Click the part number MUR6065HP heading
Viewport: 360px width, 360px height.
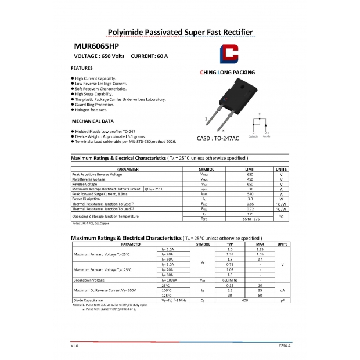[96, 46]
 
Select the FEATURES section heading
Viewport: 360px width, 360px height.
[82, 68]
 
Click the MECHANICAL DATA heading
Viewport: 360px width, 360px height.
[92, 121]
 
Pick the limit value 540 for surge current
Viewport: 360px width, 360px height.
[250, 194]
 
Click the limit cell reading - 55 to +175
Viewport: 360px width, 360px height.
[250, 219]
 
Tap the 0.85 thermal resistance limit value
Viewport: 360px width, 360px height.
[250, 204]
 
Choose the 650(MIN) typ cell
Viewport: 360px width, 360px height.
[231, 279]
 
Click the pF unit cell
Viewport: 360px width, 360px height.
[282, 300]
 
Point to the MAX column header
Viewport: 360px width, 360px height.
[260, 244]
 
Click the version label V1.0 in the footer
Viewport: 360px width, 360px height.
[74, 345]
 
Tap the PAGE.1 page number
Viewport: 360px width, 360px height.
[285, 345]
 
